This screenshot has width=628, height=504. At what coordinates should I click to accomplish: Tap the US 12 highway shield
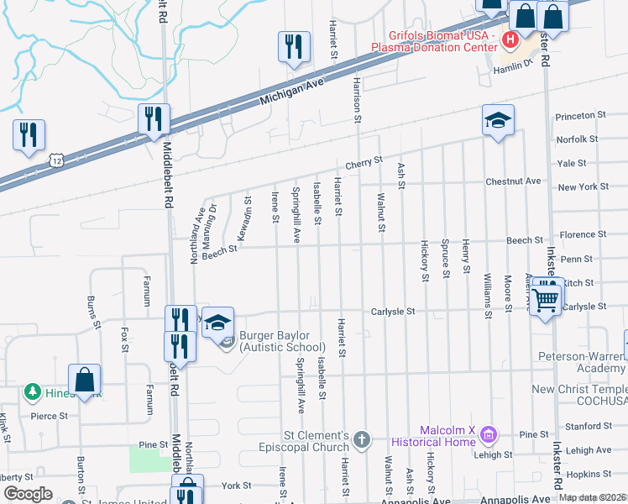55,159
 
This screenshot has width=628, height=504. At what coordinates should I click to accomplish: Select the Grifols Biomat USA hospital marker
509,39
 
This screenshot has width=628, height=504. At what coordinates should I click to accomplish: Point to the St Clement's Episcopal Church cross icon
361,439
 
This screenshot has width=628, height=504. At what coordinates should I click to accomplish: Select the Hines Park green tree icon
32,391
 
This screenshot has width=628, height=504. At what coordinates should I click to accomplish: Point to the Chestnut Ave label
513,181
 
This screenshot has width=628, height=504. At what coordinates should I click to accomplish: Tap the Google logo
28,494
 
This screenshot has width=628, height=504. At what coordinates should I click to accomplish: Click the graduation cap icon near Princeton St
498,122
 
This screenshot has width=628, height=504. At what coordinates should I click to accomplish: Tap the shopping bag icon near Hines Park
86,381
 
